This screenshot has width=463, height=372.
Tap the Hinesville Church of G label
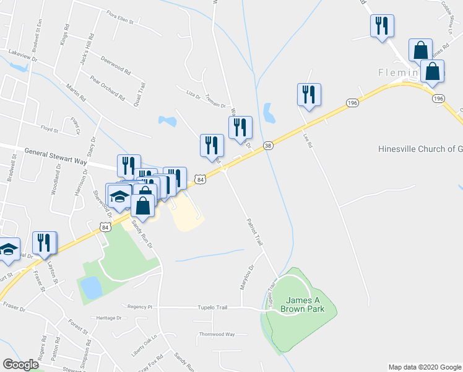(x=420, y=149)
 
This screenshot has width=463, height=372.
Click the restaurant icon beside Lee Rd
(x=308, y=95)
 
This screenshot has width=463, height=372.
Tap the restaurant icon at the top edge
(x=382, y=26)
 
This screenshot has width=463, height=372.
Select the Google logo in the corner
(x=20, y=365)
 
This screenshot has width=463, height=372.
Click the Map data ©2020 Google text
(x=425, y=367)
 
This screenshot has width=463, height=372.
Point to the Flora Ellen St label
(x=120, y=19)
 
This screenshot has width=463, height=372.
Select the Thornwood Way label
(x=217, y=334)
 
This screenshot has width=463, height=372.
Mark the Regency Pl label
(x=139, y=307)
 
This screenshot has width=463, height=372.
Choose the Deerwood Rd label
(x=116, y=64)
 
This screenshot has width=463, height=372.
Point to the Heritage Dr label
(x=109, y=318)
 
